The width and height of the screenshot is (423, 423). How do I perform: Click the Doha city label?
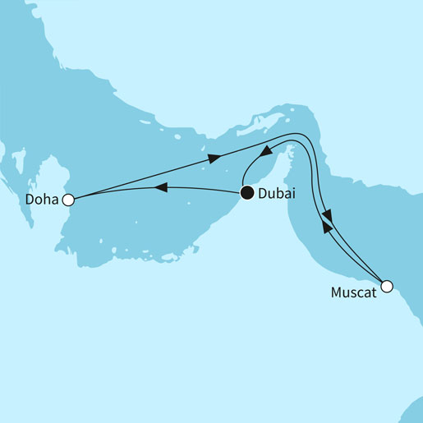(x=42, y=200)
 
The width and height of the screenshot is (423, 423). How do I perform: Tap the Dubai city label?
(x=278, y=195)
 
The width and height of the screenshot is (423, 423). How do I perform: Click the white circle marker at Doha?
(x=69, y=199)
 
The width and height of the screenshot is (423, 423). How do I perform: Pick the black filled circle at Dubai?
(x=246, y=194)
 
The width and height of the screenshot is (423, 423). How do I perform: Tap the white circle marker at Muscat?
(x=387, y=287)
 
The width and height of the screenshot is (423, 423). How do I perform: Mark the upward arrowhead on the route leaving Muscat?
(x=326, y=229)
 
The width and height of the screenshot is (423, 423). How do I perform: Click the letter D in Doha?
(x=29, y=200)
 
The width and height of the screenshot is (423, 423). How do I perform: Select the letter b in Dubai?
(x=283, y=195)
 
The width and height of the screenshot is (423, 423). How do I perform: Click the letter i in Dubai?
(x=294, y=195)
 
